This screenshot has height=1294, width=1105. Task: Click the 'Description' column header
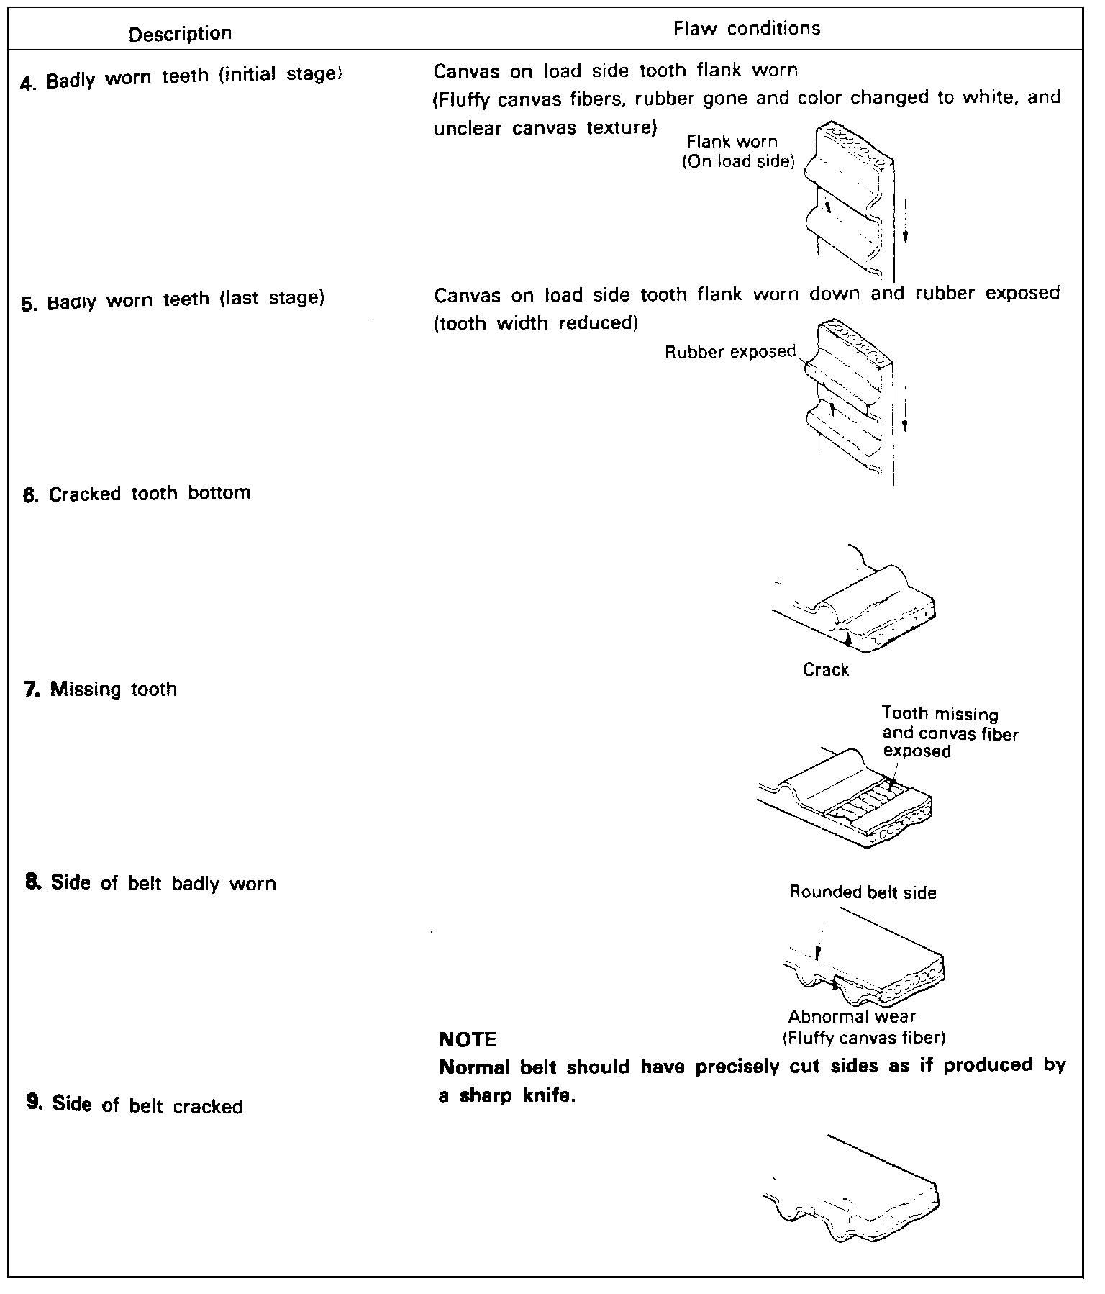[x=180, y=34]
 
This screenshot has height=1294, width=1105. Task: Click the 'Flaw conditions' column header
[x=747, y=29]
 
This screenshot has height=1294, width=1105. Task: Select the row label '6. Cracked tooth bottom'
[x=137, y=494]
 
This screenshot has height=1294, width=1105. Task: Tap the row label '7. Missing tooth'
[x=101, y=689]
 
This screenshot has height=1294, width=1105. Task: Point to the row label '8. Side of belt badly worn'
[x=151, y=884]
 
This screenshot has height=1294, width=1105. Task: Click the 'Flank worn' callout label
[x=732, y=142]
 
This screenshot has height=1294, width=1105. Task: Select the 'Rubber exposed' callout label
[x=730, y=352]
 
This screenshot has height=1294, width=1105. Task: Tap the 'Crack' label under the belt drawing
[x=826, y=670]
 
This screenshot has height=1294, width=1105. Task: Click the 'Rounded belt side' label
[x=863, y=893]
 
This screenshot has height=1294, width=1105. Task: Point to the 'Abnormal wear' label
[x=851, y=1017]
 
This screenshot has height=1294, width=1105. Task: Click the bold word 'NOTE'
[x=468, y=1039]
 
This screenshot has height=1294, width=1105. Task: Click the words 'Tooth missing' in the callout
[x=940, y=714]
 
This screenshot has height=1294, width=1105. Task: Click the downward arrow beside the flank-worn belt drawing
[x=906, y=223]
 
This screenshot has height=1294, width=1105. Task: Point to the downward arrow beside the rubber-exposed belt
[x=904, y=410]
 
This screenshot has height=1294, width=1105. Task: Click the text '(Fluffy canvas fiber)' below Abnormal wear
[x=863, y=1038]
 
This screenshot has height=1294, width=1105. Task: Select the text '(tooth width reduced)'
[x=536, y=323]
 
